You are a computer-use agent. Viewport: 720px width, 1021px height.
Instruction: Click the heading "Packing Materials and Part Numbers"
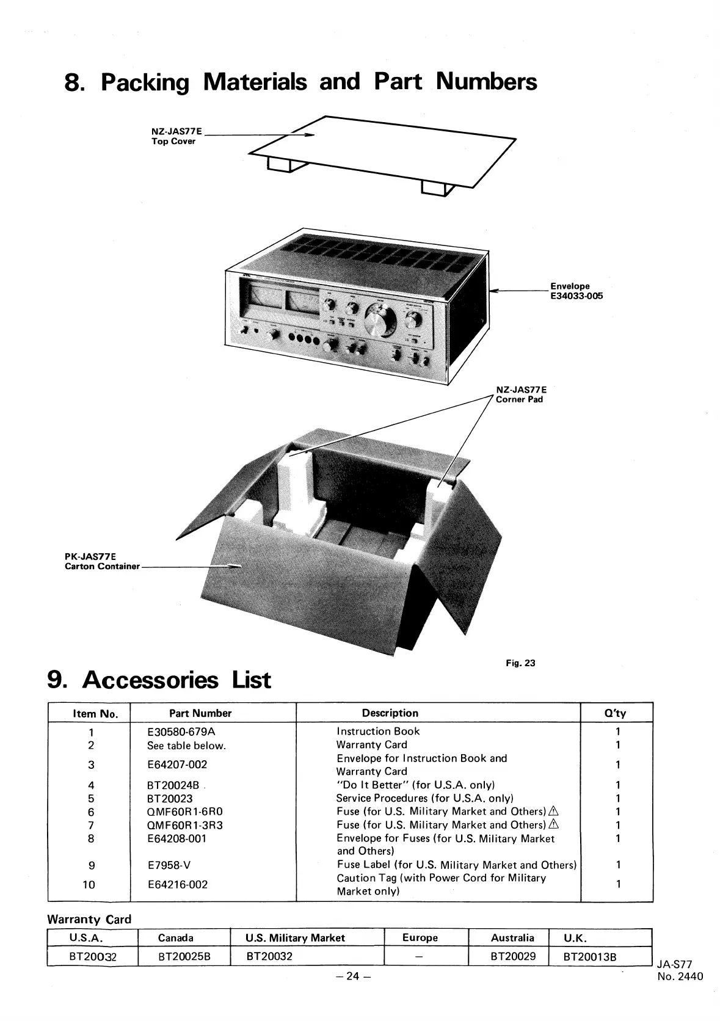[x=300, y=82]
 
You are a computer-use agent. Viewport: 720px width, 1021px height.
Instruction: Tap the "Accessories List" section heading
[x=159, y=680]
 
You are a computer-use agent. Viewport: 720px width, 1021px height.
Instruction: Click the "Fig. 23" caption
[x=520, y=663]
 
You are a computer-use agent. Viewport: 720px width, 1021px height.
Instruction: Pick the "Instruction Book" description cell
[x=378, y=732]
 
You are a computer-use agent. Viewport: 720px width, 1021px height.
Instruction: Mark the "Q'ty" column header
[x=615, y=713]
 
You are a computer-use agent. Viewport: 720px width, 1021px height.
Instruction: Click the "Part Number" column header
[x=200, y=713]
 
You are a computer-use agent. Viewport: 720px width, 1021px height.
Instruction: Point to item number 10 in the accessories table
[x=89, y=884]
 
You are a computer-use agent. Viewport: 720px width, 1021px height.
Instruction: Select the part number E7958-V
[x=169, y=865]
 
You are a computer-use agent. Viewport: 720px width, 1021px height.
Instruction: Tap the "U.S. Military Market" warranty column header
[x=295, y=938]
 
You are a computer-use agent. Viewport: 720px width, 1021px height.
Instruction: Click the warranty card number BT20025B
[x=184, y=956]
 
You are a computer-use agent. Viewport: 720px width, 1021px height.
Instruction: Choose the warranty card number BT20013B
[x=589, y=956]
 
